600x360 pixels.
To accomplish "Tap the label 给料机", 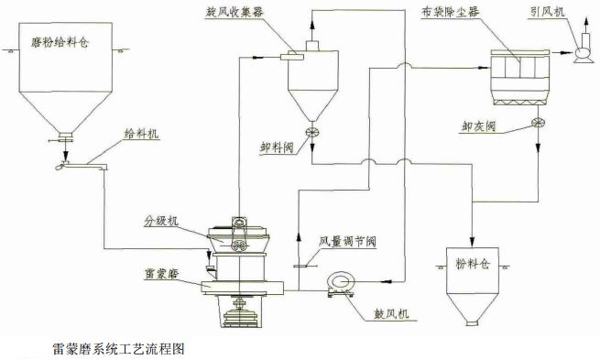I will point(141,133).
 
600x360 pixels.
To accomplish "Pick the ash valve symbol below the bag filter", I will point(536,125).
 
